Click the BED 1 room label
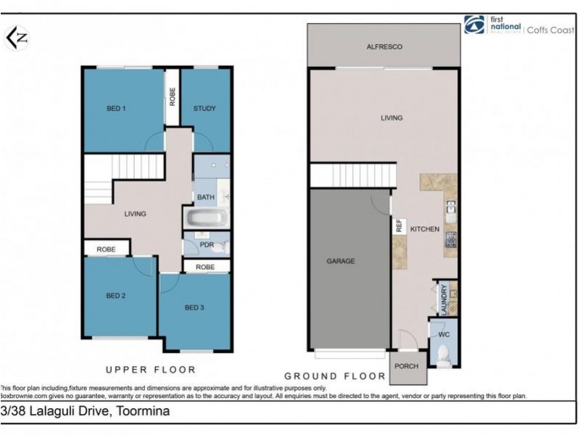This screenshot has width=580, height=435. pos(117,109)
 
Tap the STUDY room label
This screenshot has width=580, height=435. pos(204,109)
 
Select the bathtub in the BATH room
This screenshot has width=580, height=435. pos(206,218)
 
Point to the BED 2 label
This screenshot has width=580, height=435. pos(117,296)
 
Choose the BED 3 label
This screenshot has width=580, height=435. pos(194,307)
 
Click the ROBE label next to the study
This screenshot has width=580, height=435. pos(173,97)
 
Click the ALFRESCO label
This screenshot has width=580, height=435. pos(384,46)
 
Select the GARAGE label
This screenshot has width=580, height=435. pos(340,261)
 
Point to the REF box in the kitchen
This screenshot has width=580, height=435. pos(399,226)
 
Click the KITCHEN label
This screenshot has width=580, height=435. pos(425,229)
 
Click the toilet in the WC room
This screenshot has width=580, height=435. pos(444,355)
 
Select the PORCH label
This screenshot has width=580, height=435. pos(407,366)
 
